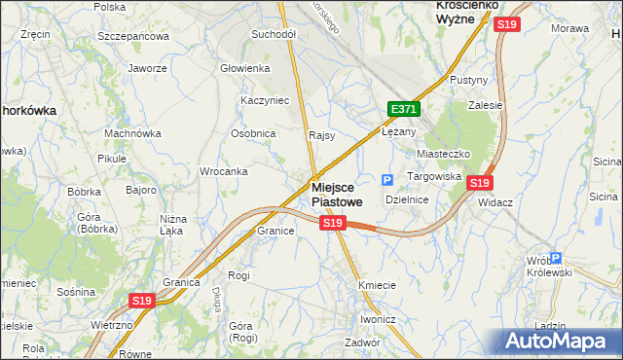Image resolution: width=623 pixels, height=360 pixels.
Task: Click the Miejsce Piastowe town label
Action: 340,194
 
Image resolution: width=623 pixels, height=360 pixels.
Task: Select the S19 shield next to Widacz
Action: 479,182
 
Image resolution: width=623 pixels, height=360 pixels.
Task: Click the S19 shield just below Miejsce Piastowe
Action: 333,224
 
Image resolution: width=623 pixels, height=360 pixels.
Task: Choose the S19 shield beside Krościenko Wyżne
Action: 505,24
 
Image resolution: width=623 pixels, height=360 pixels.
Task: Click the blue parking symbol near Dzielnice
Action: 387,180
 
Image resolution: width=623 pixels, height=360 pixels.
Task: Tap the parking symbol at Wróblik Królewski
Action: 555,259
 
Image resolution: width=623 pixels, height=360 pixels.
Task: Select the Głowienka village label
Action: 244,68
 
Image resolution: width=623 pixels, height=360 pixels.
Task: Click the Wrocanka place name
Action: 223,171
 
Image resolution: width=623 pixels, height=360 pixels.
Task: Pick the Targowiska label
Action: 433,176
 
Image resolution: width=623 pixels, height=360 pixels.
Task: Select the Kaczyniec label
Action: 265,100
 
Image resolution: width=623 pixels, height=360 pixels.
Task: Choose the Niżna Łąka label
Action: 172,226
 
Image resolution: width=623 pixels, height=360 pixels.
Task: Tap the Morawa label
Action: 570,28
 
